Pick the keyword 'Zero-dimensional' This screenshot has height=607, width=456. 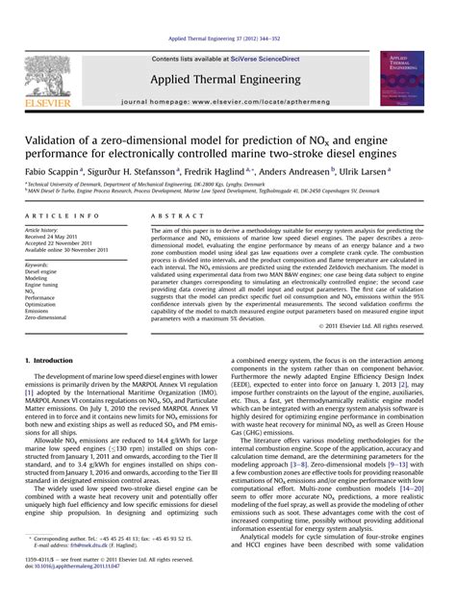tap(47, 316)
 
